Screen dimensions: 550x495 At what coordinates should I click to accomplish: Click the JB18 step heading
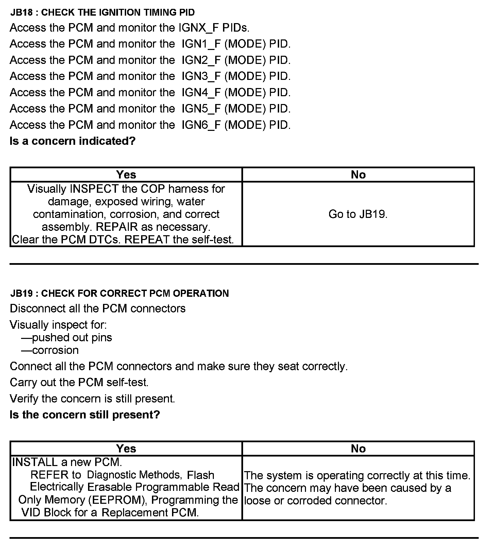pos(102,13)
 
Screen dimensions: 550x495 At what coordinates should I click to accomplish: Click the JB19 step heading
pos(119,293)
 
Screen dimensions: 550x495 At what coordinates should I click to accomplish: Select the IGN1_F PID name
pos(201,44)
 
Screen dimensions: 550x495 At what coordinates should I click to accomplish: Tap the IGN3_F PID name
pos(201,76)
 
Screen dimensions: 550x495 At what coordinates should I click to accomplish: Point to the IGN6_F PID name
pos(201,125)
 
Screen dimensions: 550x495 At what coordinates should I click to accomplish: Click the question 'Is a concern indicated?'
pos(72,141)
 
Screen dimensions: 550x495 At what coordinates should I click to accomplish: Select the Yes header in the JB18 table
pos(126,174)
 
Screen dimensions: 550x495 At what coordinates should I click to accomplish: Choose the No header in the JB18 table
pos(358,174)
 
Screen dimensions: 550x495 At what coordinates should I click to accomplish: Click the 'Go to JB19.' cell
pos(358,214)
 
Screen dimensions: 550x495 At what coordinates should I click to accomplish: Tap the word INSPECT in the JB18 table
pos(94,189)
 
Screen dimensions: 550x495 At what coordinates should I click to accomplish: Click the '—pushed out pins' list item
pos(67,338)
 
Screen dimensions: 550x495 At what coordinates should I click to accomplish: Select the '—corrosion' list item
pos(50,350)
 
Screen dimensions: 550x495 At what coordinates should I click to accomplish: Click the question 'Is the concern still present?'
pos(85,415)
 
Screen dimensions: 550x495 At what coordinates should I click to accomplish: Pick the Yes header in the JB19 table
pos(126,448)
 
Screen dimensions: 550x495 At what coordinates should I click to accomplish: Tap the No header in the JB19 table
pos(358,448)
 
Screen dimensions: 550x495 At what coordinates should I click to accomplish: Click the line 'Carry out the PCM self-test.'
pos(79,382)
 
